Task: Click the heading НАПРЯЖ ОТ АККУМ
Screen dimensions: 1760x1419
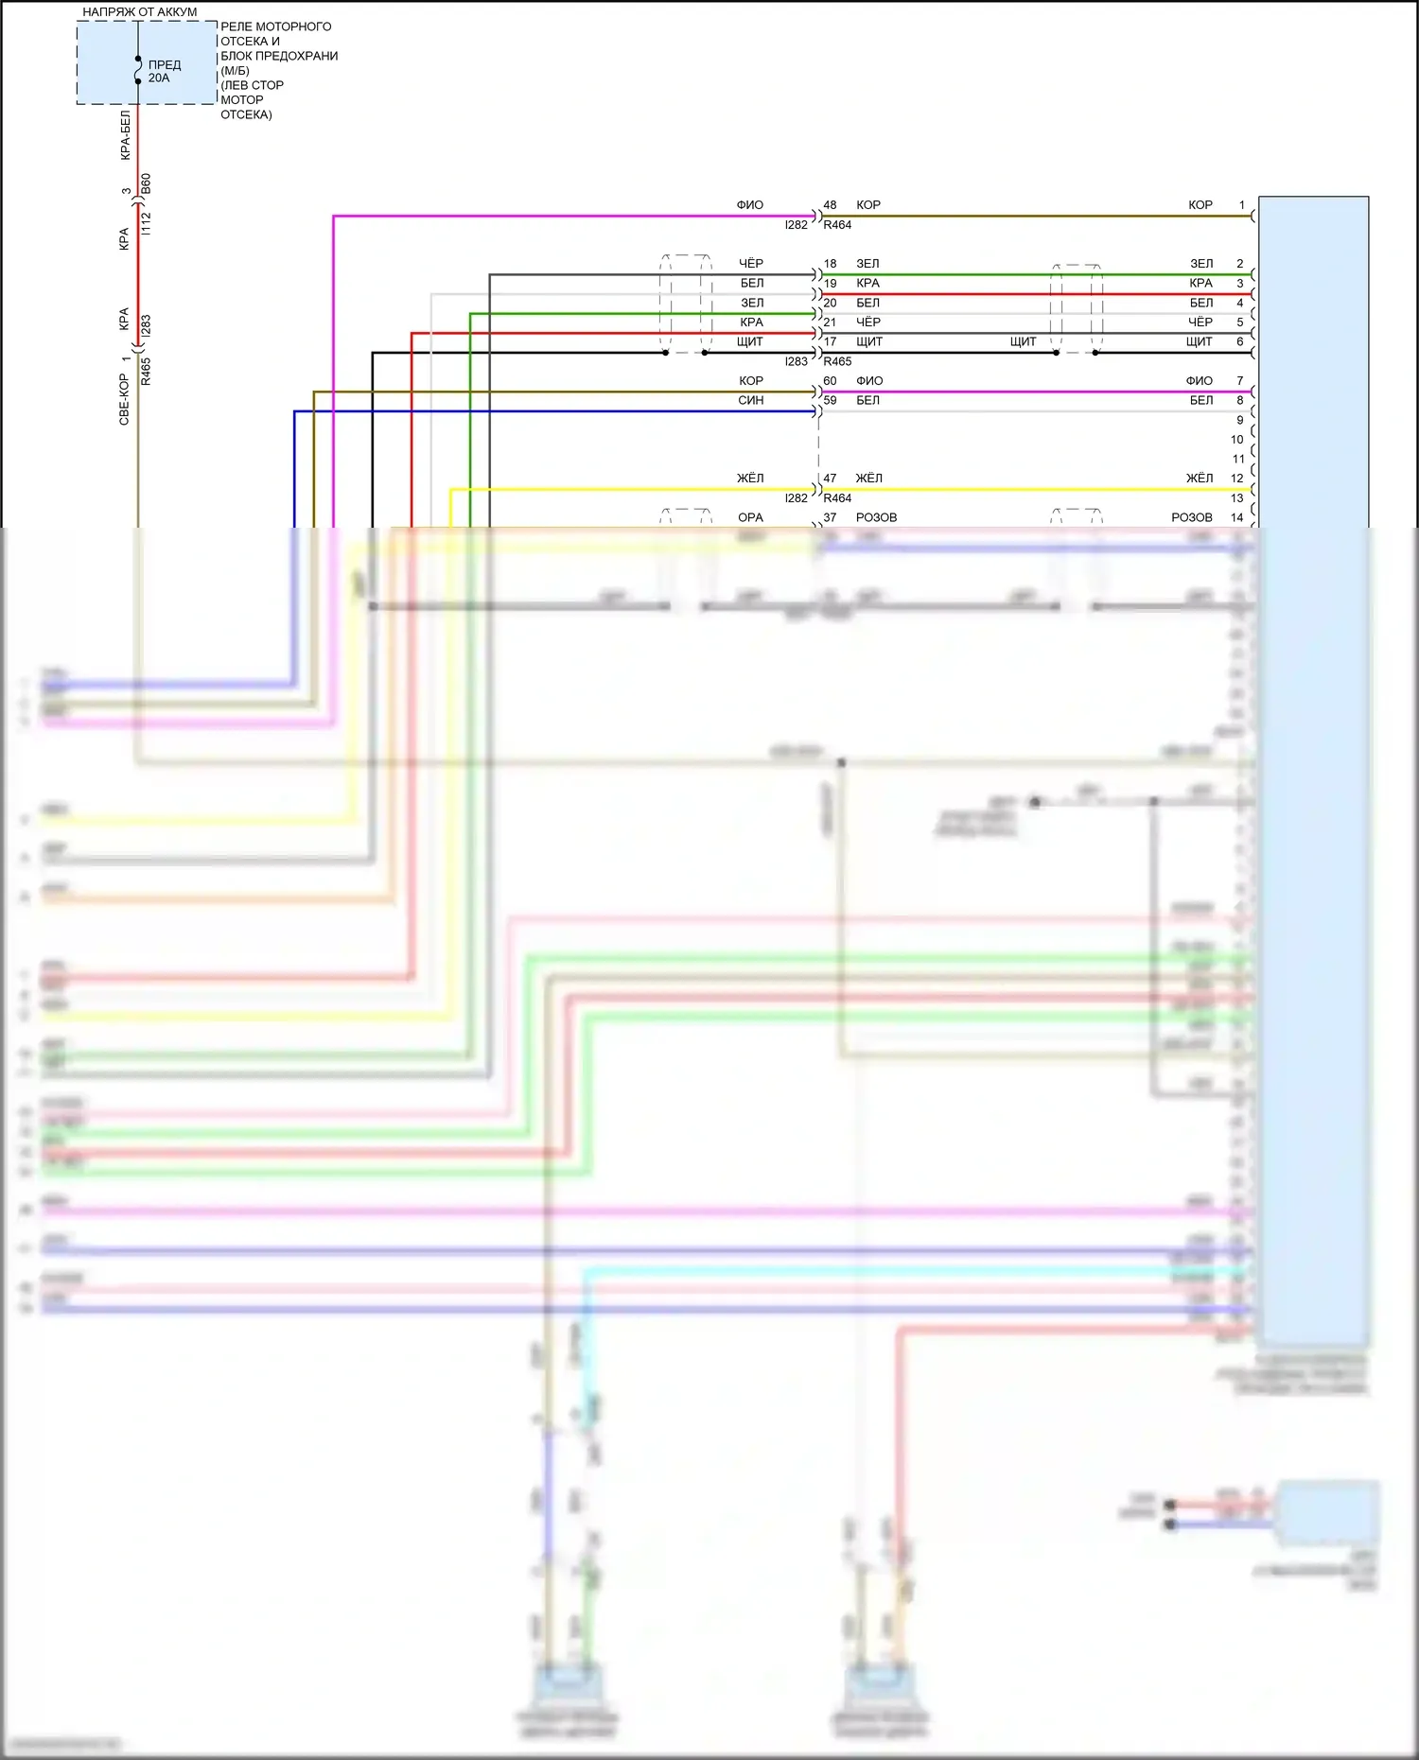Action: pos(140,12)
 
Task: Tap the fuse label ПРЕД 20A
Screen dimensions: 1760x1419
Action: pos(164,72)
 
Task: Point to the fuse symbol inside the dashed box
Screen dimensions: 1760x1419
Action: pos(138,70)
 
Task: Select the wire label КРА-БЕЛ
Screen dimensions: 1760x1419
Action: pos(125,135)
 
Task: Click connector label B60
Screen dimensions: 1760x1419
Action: pos(146,183)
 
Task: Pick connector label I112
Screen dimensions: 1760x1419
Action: pos(146,224)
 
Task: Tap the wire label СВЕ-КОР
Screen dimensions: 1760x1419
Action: pos(124,399)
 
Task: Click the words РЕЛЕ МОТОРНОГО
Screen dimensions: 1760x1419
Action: pos(276,26)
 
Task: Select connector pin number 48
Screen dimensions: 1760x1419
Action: pos(830,205)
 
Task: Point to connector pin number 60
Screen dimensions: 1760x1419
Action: pos(830,381)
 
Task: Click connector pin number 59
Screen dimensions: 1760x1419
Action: pos(830,401)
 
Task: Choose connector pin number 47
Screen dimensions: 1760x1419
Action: pos(830,479)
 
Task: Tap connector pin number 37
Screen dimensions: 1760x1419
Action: pos(830,518)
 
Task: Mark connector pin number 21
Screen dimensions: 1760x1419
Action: pos(830,322)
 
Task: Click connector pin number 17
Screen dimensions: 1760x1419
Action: pos(830,342)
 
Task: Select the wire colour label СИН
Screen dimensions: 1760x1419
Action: pos(751,401)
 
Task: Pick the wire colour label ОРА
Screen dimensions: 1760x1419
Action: pos(750,518)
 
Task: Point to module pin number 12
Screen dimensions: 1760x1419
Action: pos(1237,479)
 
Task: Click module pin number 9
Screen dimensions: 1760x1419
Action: pos(1240,420)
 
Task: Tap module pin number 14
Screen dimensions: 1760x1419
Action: pos(1237,518)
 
